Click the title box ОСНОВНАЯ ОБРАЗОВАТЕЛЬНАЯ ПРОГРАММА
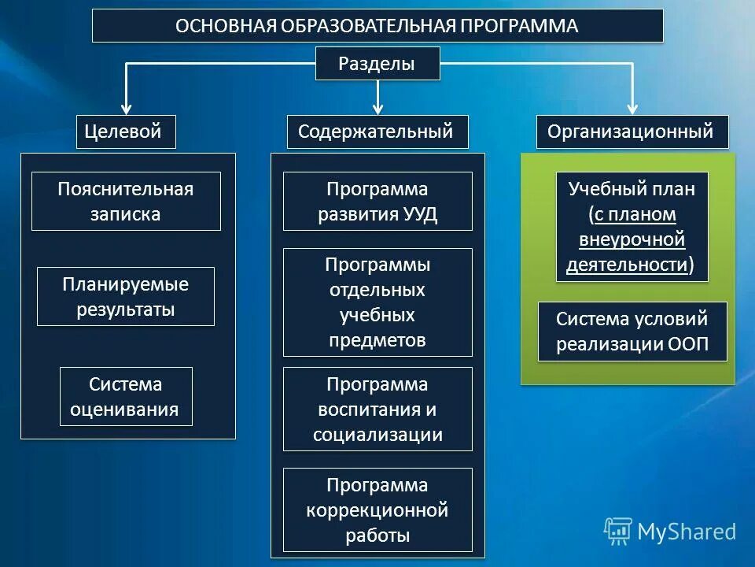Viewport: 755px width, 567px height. click(x=377, y=26)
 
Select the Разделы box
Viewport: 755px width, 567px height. click(x=377, y=64)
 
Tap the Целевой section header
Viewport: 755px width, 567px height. click(x=126, y=132)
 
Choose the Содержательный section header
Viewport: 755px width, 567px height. click(x=377, y=132)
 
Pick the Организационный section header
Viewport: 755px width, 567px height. click(x=632, y=132)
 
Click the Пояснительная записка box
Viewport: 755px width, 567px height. click(x=126, y=202)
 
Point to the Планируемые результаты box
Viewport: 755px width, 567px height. click(x=126, y=297)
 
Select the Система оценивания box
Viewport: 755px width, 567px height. click(x=126, y=397)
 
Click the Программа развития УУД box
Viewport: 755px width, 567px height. click(x=377, y=202)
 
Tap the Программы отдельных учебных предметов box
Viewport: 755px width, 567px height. click(x=377, y=302)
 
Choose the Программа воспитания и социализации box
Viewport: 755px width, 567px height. click(x=377, y=409)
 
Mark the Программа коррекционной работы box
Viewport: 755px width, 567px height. click(x=377, y=510)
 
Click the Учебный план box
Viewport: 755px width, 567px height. click(x=632, y=227)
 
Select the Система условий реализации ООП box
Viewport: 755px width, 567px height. click(x=632, y=332)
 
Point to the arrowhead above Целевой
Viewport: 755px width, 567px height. click(x=126, y=109)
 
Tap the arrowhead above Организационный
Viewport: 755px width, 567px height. click(x=632, y=109)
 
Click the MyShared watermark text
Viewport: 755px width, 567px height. click(x=687, y=532)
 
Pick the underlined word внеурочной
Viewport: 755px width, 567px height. click(x=632, y=239)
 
